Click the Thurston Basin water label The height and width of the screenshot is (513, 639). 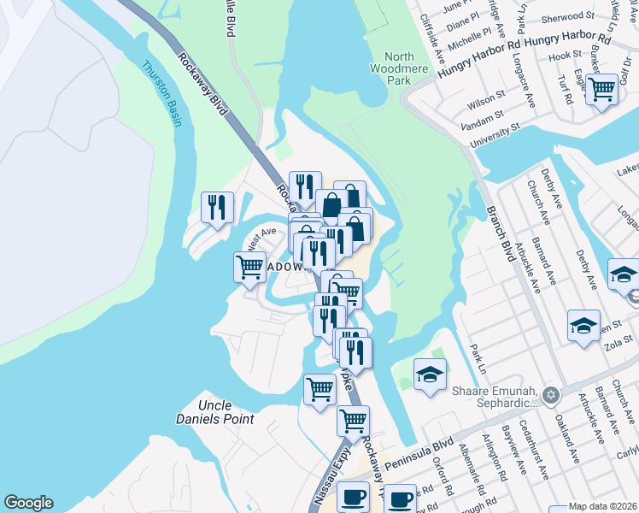pyautogui.click(x=161, y=93)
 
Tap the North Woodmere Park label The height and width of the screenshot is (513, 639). pyautogui.click(x=397, y=69)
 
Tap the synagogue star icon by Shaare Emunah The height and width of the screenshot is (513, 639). pyautogui.click(x=551, y=395)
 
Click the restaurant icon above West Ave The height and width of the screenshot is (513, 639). pyautogui.click(x=217, y=207)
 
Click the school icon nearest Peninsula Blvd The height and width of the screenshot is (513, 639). pyautogui.click(x=430, y=374)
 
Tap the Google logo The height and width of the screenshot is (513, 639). pyautogui.click(x=28, y=503)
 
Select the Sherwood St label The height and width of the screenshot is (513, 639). pyautogui.click(x=572, y=16)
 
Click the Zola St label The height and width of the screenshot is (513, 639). pyautogui.click(x=617, y=345)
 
